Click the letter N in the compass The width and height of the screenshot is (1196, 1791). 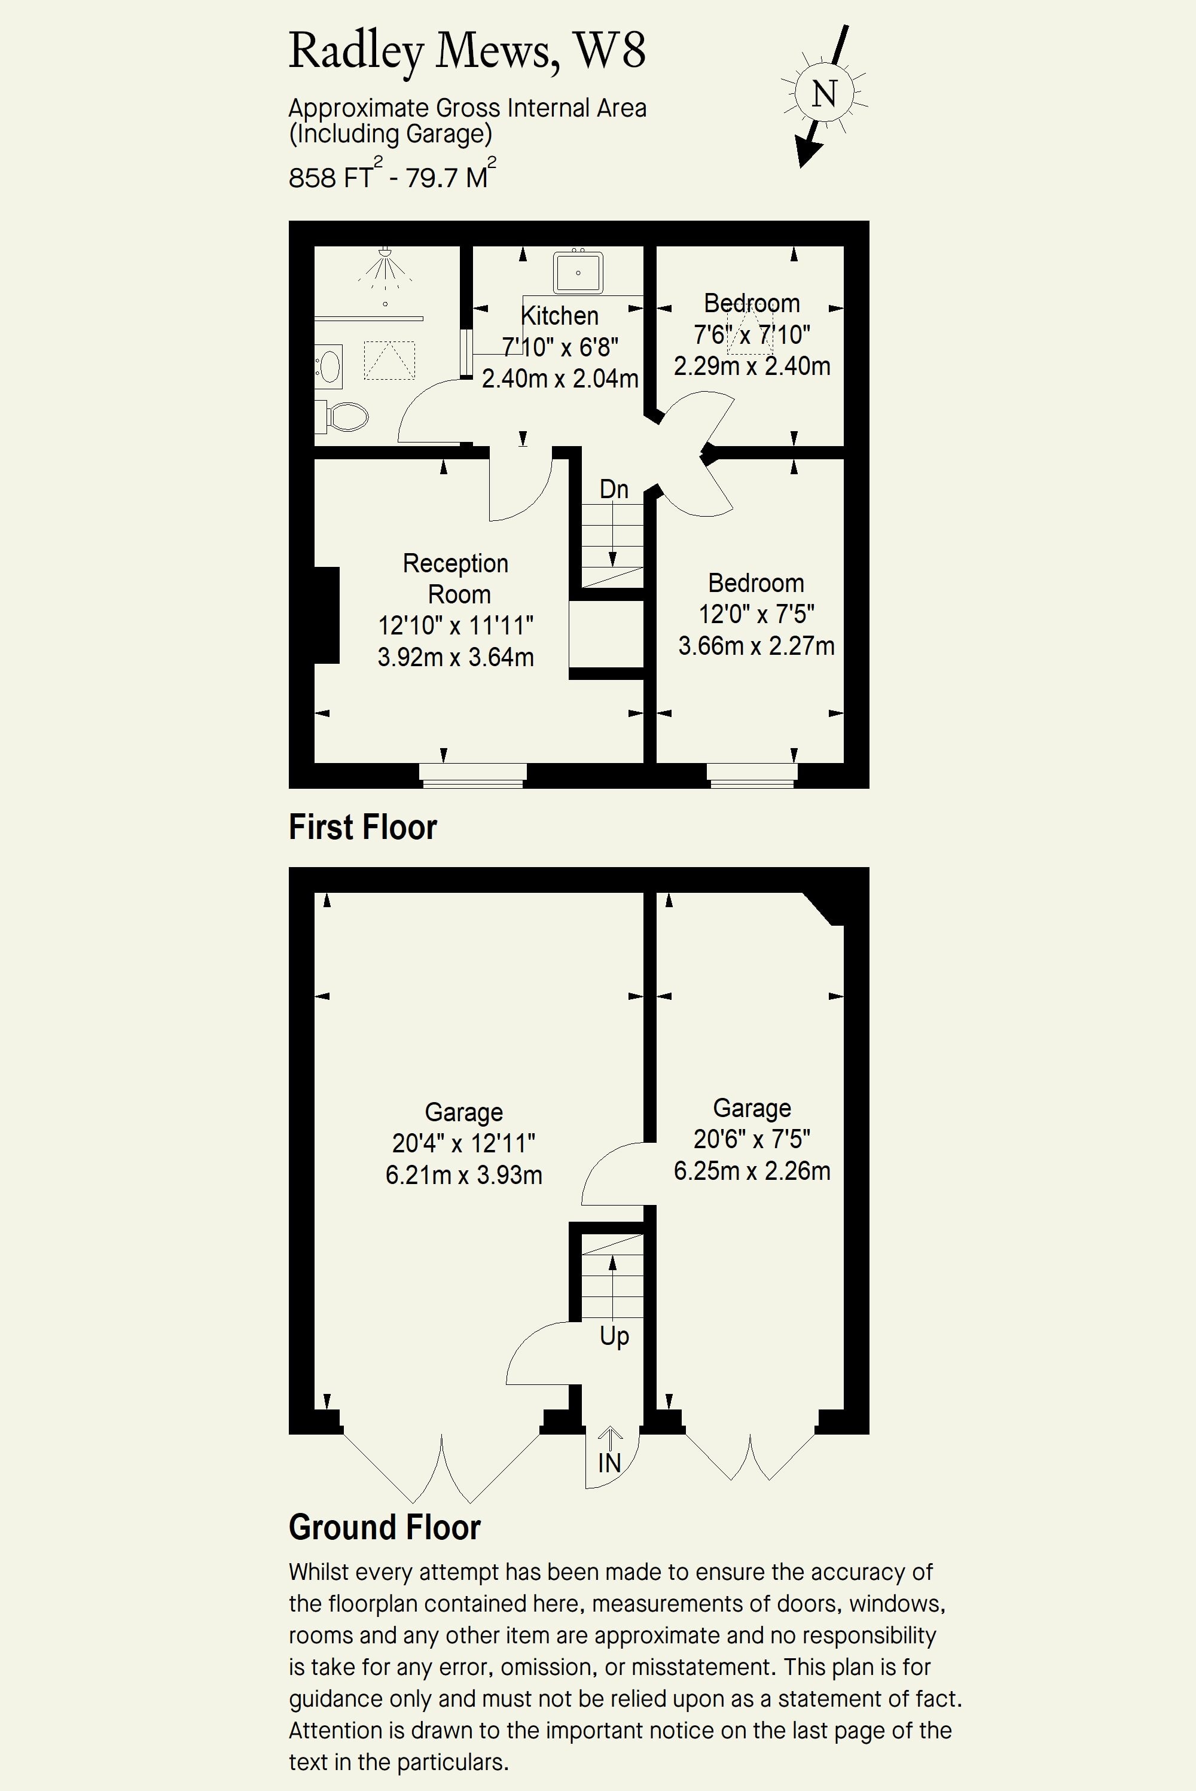824,94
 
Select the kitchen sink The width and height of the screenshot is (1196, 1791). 578,272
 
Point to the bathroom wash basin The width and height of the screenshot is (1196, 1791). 329,365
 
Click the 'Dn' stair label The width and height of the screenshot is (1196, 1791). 614,489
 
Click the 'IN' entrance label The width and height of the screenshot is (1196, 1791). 609,1462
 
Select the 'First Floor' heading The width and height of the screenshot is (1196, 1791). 362,827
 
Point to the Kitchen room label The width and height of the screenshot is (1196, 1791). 559,315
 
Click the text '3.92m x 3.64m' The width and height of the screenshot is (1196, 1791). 456,657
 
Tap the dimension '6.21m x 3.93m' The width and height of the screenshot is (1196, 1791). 464,1174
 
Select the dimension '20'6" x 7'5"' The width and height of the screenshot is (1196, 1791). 752,1139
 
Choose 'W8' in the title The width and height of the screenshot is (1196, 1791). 609,50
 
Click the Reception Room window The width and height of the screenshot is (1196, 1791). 473,775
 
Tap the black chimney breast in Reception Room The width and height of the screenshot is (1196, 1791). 327,615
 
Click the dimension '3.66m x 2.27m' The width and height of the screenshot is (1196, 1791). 756,645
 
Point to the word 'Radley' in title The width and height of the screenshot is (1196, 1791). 355,52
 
